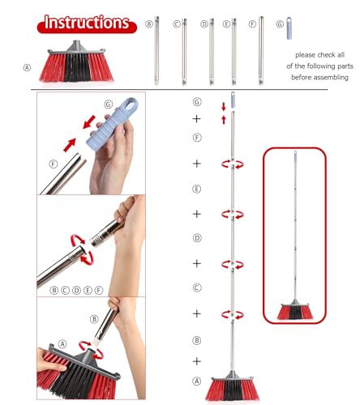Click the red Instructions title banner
click(x=87, y=24)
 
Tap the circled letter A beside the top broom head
click(x=27, y=68)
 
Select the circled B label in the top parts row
click(x=149, y=24)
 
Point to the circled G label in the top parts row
click(x=280, y=24)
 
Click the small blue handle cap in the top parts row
click(x=289, y=28)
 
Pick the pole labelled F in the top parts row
click(x=261, y=50)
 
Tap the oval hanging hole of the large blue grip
click(x=131, y=104)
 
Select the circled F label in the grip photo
click(x=54, y=164)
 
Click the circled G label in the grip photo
click(x=109, y=104)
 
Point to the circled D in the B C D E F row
click(x=77, y=290)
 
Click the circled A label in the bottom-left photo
click(x=62, y=344)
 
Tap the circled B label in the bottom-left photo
click(x=94, y=319)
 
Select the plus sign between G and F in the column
click(x=197, y=119)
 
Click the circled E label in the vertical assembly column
click(x=197, y=189)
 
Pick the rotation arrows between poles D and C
click(x=233, y=264)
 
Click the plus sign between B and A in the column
click(x=197, y=361)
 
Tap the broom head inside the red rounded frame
click(x=295, y=310)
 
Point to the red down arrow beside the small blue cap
click(x=224, y=107)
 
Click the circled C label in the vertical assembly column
click(x=197, y=288)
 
